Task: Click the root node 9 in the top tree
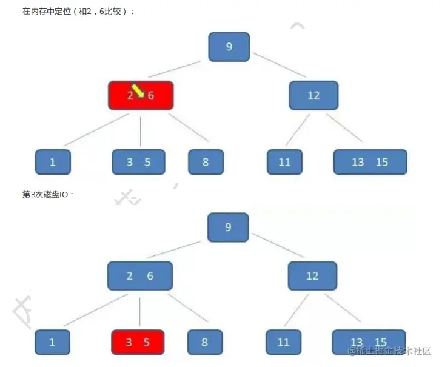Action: (x=229, y=46)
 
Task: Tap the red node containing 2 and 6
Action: (x=141, y=95)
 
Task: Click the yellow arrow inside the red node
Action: (x=138, y=90)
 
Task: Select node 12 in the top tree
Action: (x=313, y=95)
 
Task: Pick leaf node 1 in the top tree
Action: (x=53, y=162)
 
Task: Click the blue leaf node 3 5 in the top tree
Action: (x=138, y=162)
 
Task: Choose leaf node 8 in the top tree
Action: (x=206, y=162)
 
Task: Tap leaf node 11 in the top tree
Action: (x=284, y=162)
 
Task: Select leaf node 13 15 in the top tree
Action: (x=370, y=162)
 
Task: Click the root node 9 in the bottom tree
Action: (x=228, y=227)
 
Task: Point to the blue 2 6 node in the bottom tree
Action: (x=140, y=276)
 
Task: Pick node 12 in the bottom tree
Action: (x=312, y=276)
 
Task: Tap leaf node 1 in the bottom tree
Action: (x=52, y=342)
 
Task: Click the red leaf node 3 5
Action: (x=138, y=342)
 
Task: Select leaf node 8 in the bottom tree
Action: (x=205, y=342)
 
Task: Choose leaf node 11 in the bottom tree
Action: (x=283, y=342)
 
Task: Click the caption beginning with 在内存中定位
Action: (x=78, y=12)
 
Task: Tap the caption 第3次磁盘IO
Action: (x=48, y=195)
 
